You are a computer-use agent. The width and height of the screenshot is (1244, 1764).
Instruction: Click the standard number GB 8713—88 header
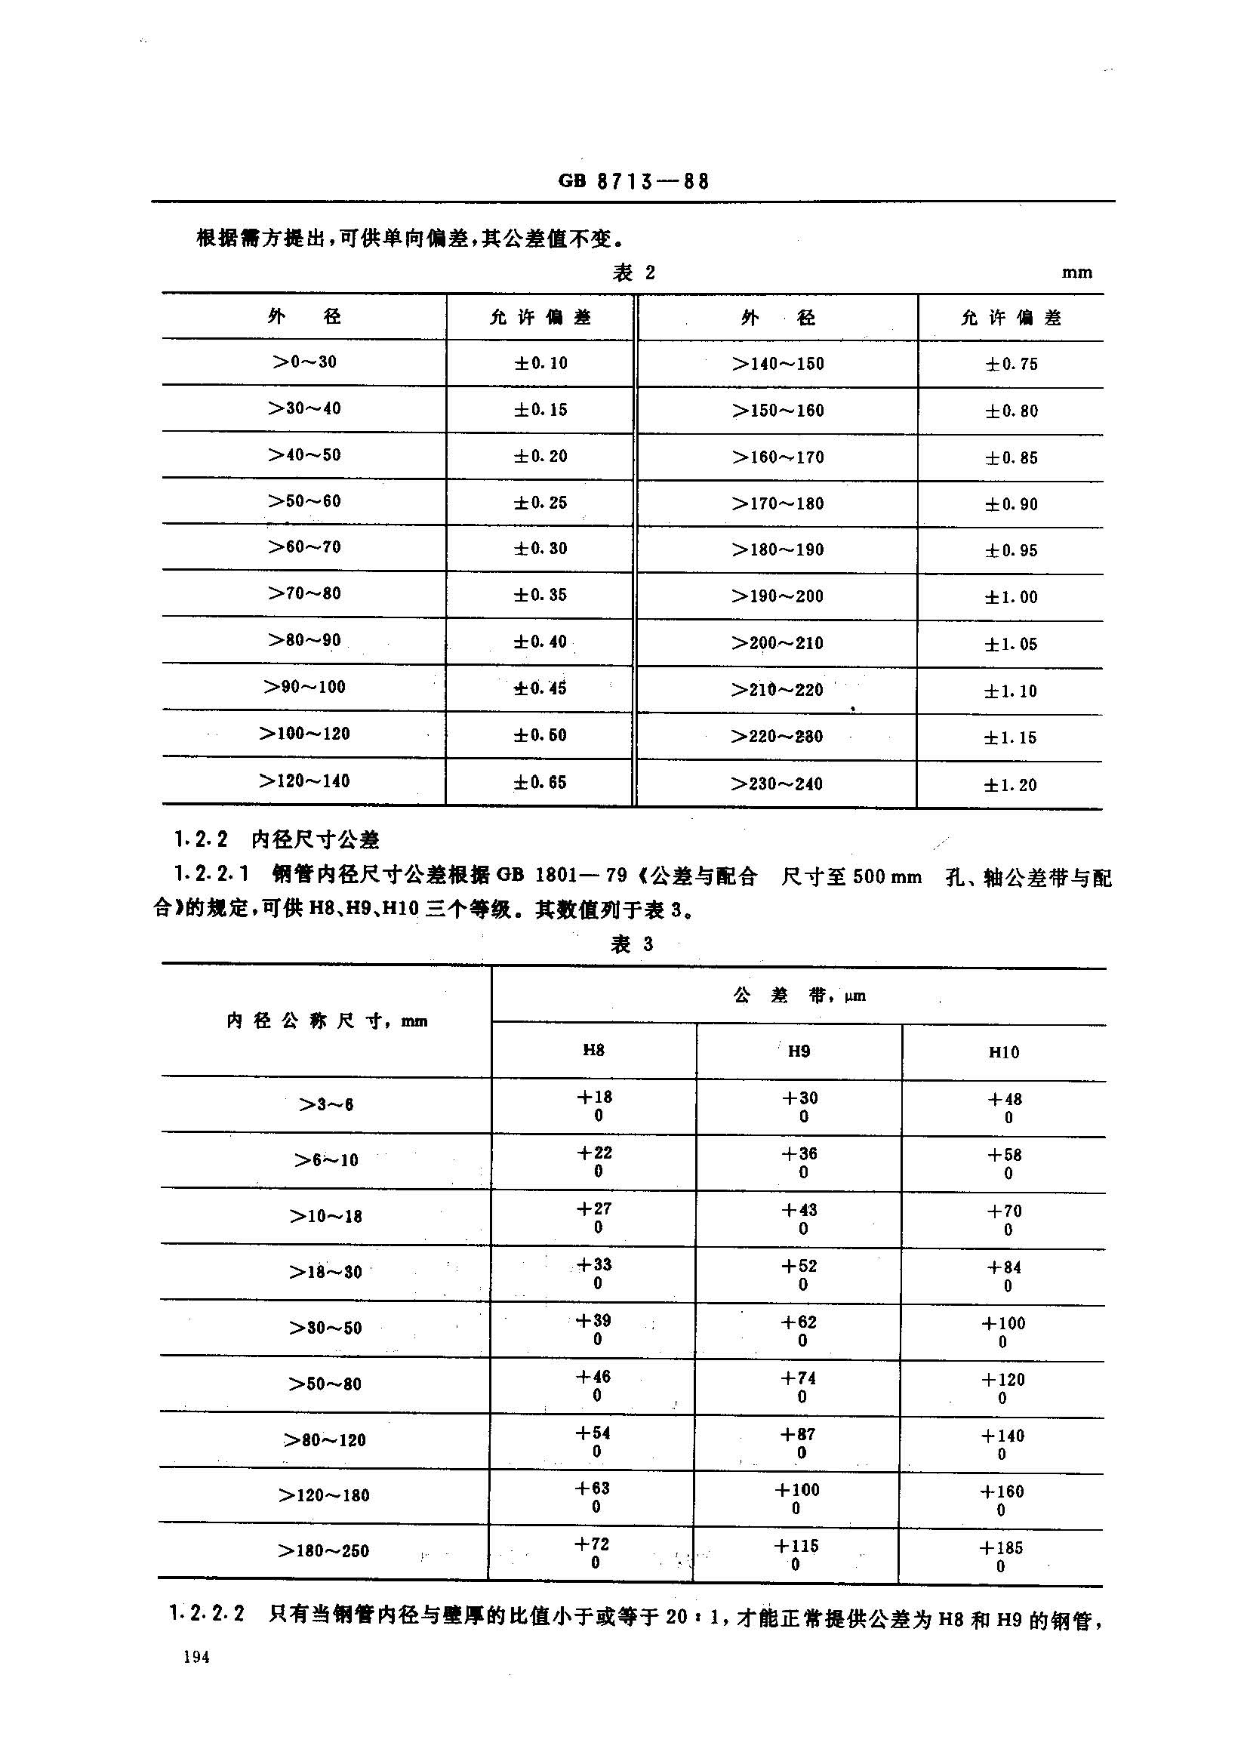[633, 181]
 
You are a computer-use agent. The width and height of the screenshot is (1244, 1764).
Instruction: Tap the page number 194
[197, 1656]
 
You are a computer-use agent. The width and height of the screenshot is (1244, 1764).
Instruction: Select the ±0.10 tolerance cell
[541, 362]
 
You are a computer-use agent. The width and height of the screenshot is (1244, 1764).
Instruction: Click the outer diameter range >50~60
[304, 501]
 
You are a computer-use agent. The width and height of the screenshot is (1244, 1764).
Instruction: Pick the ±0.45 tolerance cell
[540, 688]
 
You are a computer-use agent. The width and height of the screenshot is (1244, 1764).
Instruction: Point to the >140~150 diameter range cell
[777, 363]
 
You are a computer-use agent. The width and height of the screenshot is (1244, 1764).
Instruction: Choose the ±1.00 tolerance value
[1012, 597]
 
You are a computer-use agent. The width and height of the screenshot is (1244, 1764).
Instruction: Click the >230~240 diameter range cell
[777, 783]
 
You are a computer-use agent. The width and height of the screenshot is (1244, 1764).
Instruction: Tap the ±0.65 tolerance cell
[540, 782]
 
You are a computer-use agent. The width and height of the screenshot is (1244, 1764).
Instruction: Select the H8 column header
[593, 1049]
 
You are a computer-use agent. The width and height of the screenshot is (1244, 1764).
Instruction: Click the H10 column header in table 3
[1003, 1051]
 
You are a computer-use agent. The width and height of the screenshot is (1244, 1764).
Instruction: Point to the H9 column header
[799, 1050]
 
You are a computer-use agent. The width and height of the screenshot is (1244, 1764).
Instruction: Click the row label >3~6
[326, 1105]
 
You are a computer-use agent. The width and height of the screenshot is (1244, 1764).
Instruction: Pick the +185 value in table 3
[1001, 1547]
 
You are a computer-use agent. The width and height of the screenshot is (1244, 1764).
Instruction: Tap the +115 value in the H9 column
[797, 1546]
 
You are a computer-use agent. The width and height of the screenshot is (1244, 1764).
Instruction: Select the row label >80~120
[325, 1439]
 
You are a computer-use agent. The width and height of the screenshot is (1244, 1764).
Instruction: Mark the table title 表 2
[633, 272]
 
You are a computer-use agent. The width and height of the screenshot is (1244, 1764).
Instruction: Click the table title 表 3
[632, 944]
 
